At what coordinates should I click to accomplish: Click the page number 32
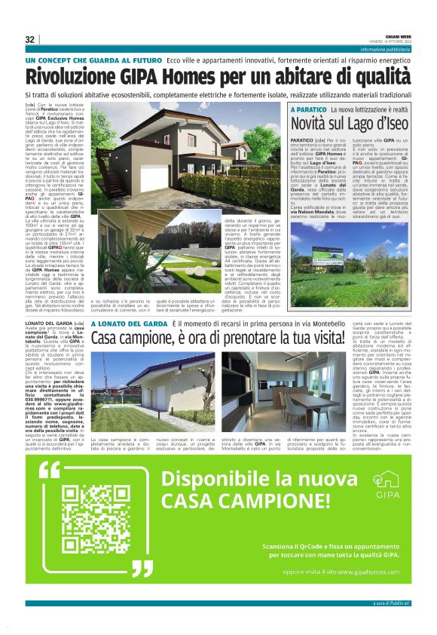click(x=30, y=39)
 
